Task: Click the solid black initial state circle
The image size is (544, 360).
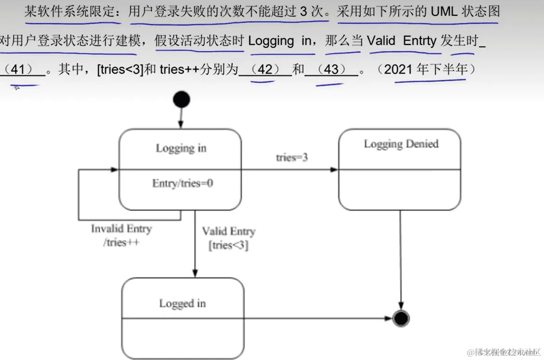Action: [181, 99]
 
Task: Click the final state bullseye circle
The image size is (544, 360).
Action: [400, 318]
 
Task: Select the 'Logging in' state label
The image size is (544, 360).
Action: [181, 148]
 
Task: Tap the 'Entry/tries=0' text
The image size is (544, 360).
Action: [182, 183]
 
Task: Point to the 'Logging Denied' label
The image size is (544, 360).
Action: [401, 144]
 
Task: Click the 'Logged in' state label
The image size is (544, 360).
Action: [182, 303]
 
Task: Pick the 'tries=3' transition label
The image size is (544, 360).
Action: [292, 157]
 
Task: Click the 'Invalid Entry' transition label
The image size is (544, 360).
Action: [121, 229]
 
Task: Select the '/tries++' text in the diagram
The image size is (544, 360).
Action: [121, 242]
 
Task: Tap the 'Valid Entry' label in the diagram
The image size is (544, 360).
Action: [228, 231]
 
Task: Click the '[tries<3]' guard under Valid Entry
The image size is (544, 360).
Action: [228, 245]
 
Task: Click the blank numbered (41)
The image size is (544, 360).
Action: [19, 70]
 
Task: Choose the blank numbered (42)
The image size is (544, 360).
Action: [265, 70]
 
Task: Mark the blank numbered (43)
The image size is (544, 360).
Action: [331, 70]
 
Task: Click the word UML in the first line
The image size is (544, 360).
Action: [444, 11]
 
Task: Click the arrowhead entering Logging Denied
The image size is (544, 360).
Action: [334, 170]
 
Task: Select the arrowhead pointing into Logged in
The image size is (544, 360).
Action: [195, 274]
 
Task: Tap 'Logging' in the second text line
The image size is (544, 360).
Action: [271, 41]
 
